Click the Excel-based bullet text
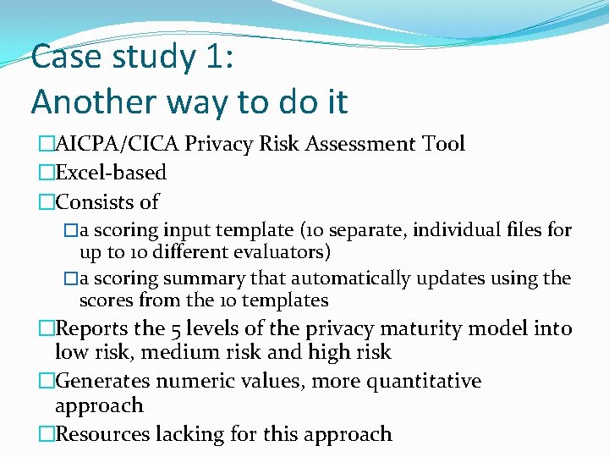[110, 173]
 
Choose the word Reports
[92, 328]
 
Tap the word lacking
[186, 434]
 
